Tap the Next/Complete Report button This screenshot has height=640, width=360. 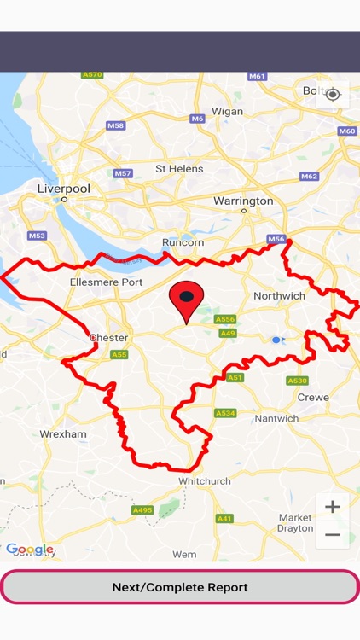coord(180,587)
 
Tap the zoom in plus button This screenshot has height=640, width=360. coord(333,507)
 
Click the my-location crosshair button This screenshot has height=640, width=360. coord(333,94)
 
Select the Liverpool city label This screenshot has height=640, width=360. coord(64,188)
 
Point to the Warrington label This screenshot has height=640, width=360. coord(243,201)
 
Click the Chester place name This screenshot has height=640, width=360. coord(109,338)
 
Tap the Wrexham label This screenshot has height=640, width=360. coord(63,433)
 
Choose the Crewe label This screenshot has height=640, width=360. coord(313,397)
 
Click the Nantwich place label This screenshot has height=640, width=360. coord(276,418)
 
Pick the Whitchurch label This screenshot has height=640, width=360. coord(205,481)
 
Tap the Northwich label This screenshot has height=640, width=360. coord(279,295)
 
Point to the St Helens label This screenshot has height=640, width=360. coord(179,169)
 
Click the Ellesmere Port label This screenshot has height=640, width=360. coord(106,282)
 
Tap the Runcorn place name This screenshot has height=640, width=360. coord(183,242)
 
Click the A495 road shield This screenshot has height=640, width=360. coord(142,510)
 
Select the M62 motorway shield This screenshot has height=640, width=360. coord(309,176)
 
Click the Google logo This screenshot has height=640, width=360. coord(29,550)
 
